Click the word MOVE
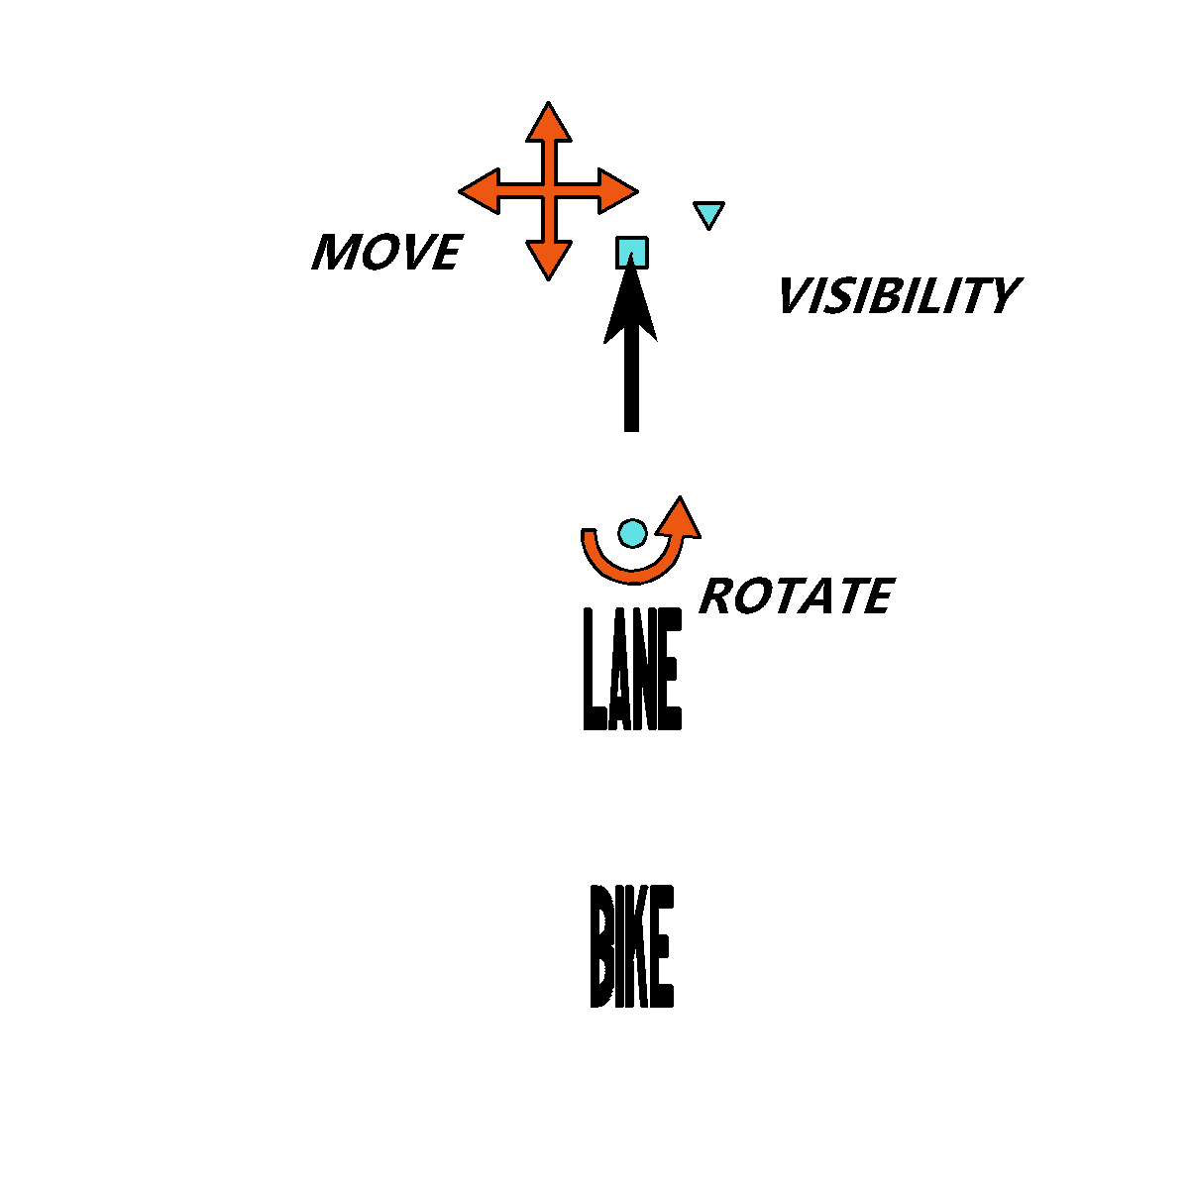click(386, 252)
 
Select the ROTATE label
click(797, 595)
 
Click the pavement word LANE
click(632, 669)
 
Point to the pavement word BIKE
click(632, 946)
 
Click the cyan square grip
click(632, 253)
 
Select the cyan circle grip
click(632, 533)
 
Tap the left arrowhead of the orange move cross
click(480, 191)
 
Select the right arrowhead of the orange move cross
click(617, 191)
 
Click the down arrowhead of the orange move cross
click(548, 261)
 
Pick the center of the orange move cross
click(548, 191)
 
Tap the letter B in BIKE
click(600, 946)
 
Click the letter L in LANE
click(595, 669)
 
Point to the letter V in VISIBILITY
click(796, 295)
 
